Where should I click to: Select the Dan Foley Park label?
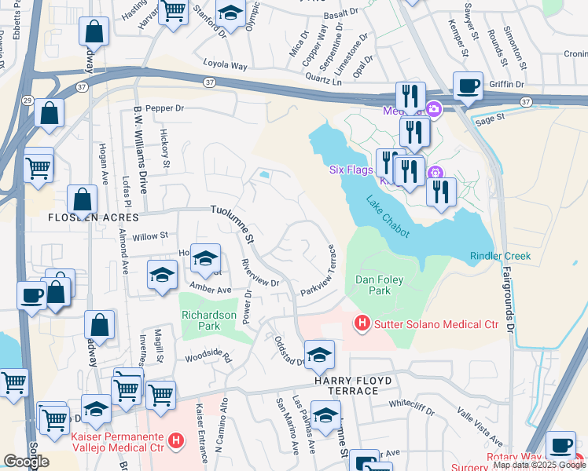pyautogui.click(x=373, y=284)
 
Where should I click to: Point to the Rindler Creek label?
pyautogui.click(x=500, y=256)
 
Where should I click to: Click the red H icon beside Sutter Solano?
pyautogui.click(x=362, y=323)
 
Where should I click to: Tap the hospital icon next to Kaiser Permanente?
pyautogui.click(x=176, y=441)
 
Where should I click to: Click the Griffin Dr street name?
pyautogui.click(x=505, y=84)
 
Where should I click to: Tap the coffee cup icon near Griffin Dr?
pyautogui.click(x=468, y=87)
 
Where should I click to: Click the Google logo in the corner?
pyautogui.click(x=26, y=462)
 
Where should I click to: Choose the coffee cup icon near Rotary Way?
pyautogui.click(x=560, y=445)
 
